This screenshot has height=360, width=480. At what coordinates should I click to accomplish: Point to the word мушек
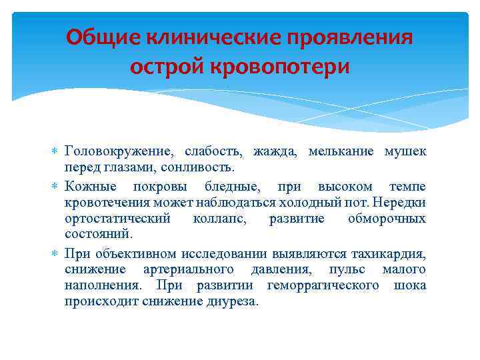(x=405, y=151)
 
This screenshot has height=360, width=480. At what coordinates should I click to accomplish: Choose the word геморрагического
(x=323, y=285)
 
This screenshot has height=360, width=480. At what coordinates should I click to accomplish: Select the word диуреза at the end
(x=234, y=302)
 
